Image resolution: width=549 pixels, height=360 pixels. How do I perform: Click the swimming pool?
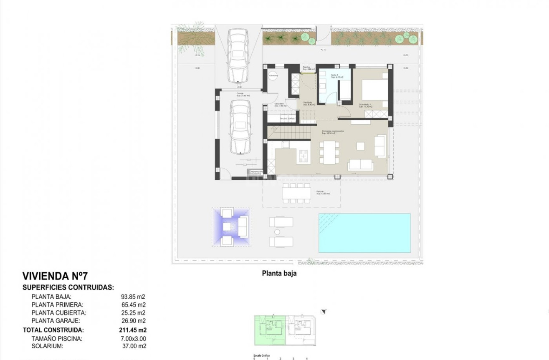click(x=364, y=233)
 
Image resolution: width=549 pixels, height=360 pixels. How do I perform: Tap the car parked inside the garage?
click(x=240, y=127)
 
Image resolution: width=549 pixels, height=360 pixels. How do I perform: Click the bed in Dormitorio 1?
click(x=374, y=92)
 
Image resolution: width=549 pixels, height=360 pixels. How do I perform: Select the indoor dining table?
click(x=329, y=153)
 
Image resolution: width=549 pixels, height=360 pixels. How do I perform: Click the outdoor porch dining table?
click(x=296, y=193)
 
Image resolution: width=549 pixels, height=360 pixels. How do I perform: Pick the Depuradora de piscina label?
click(x=256, y=172)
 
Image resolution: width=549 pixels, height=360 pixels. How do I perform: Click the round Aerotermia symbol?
click(x=273, y=76)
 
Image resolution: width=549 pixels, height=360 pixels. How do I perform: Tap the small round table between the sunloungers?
click(x=276, y=232)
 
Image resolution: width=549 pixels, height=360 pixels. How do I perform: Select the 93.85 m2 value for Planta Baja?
click(x=133, y=297)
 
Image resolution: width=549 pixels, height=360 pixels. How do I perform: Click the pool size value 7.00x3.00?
click(x=133, y=338)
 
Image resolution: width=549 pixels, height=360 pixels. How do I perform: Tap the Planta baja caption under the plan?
click(x=279, y=274)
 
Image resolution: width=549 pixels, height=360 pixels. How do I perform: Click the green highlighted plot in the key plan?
click(x=269, y=330)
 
